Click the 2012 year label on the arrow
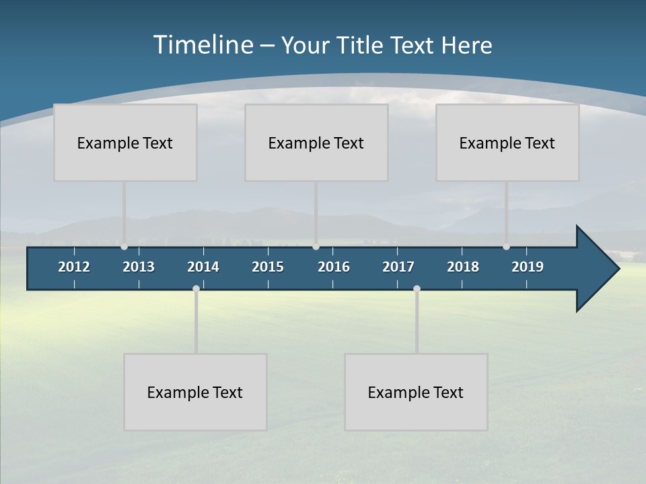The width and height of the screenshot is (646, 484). (74, 267)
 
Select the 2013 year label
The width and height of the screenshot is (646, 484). (139, 267)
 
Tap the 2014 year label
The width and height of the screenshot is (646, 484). (203, 267)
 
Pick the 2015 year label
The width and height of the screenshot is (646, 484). (268, 267)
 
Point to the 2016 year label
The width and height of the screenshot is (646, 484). (334, 267)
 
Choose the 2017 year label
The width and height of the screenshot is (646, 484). (398, 267)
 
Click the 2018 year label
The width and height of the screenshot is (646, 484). (463, 267)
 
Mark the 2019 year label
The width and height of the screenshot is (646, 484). (528, 267)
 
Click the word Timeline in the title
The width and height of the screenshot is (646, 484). (203, 45)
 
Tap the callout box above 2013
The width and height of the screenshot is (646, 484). (125, 143)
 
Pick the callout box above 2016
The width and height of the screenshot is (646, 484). (316, 143)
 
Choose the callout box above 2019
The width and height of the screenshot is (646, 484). (507, 143)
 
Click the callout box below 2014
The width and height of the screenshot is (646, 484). (195, 392)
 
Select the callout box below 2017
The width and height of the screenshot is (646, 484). (416, 392)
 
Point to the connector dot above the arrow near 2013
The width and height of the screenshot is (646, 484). (124, 247)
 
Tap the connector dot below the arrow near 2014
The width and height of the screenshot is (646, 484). (196, 289)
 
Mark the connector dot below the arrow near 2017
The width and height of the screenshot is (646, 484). (417, 289)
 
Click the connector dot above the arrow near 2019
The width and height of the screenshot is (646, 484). (506, 247)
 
